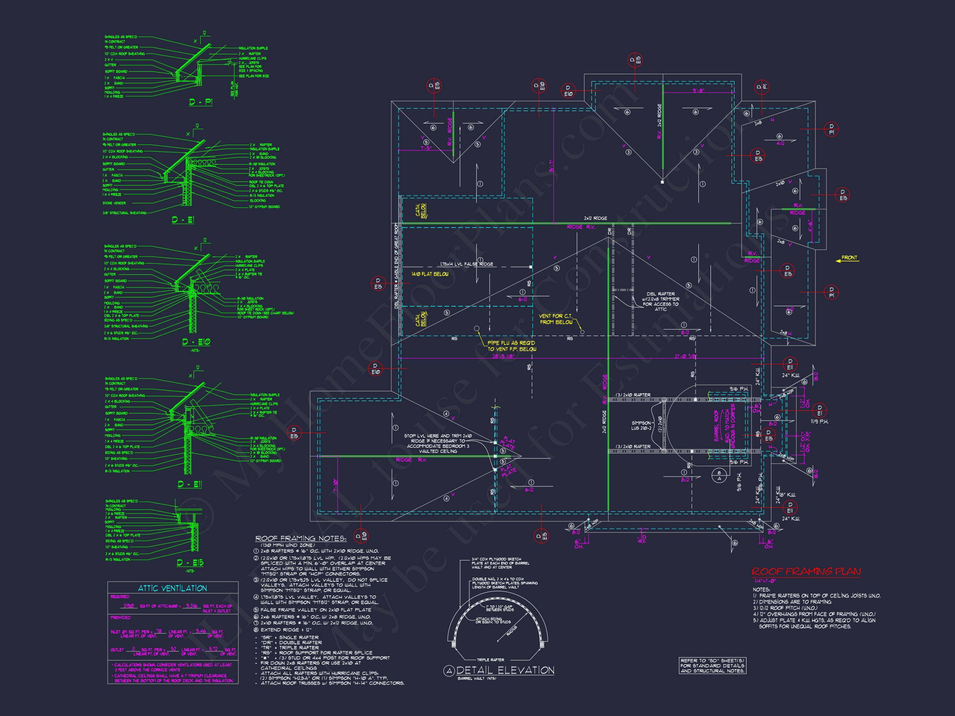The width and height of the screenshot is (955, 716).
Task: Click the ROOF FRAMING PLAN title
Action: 806,572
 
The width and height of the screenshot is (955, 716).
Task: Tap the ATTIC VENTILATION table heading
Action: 172,588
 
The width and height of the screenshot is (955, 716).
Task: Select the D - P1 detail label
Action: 201,102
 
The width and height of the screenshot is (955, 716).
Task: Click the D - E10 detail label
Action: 196,342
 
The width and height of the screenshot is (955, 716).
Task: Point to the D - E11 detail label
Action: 189,485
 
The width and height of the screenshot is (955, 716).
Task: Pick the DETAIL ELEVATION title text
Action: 505,670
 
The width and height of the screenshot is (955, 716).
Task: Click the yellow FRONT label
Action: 849,258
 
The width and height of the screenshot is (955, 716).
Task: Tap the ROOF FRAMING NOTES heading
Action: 301,538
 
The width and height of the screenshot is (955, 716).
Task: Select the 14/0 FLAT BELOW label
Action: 430,274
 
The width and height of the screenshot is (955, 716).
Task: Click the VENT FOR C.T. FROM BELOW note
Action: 556,319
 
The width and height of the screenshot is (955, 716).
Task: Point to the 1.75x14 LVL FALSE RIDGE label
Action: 466,264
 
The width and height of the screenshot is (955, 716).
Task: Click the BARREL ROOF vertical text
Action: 716,426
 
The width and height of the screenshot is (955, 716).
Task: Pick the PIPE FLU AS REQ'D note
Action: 511,346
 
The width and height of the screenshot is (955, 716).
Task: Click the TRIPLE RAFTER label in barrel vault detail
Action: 490,660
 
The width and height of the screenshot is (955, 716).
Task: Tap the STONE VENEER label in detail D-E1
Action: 114,203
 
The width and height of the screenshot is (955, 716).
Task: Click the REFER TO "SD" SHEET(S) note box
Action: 713,665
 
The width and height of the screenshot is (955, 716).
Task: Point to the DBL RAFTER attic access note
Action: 661,301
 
